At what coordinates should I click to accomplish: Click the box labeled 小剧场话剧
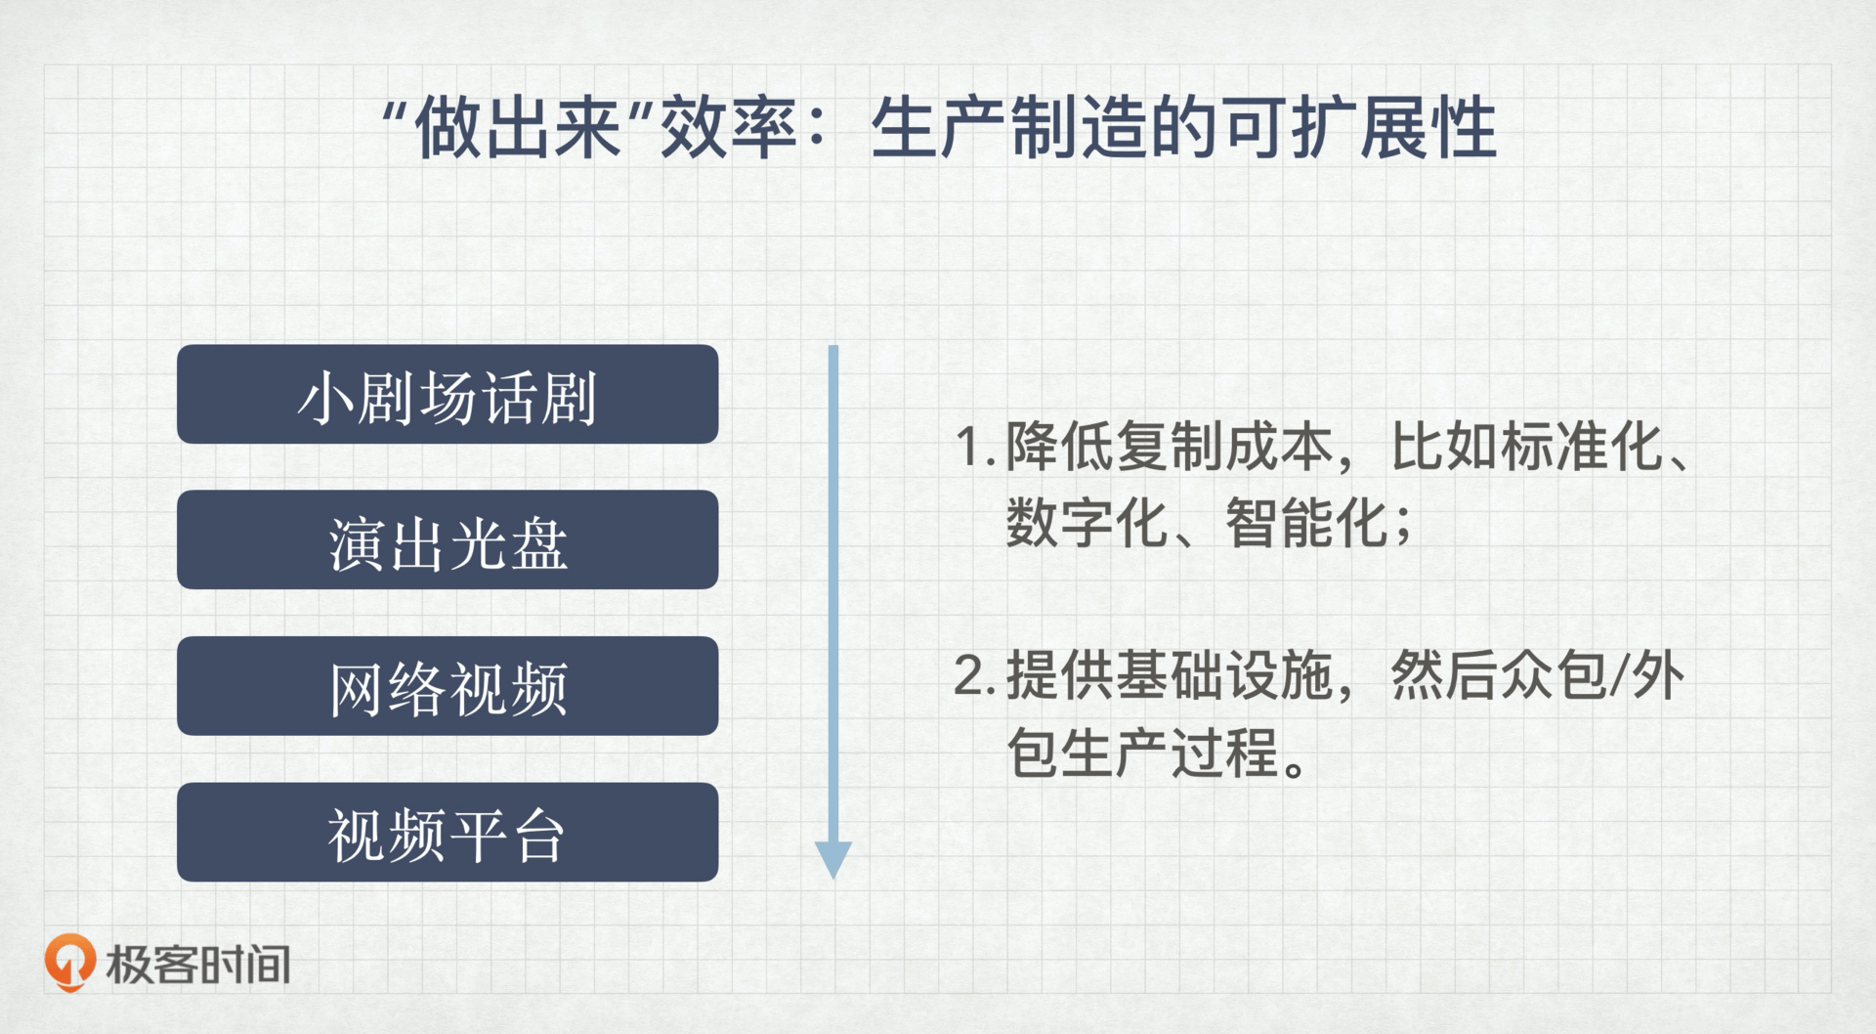click(448, 394)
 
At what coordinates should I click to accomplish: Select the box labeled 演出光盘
click(448, 539)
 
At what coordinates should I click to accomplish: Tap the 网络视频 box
click(448, 686)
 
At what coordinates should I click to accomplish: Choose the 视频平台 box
click(448, 832)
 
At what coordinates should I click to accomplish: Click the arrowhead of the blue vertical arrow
click(833, 860)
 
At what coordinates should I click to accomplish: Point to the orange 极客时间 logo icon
click(69, 963)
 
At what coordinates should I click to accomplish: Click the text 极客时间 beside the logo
click(198, 965)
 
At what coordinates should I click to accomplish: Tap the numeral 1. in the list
click(975, 448)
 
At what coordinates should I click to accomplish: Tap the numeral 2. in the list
click(975, 676)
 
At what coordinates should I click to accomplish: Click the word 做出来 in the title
click(519, 129)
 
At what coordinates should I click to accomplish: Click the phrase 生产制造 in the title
click(1009, 129)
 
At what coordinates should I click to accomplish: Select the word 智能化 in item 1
click(1306, 523)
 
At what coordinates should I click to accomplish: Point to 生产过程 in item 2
click(1170, 753)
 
